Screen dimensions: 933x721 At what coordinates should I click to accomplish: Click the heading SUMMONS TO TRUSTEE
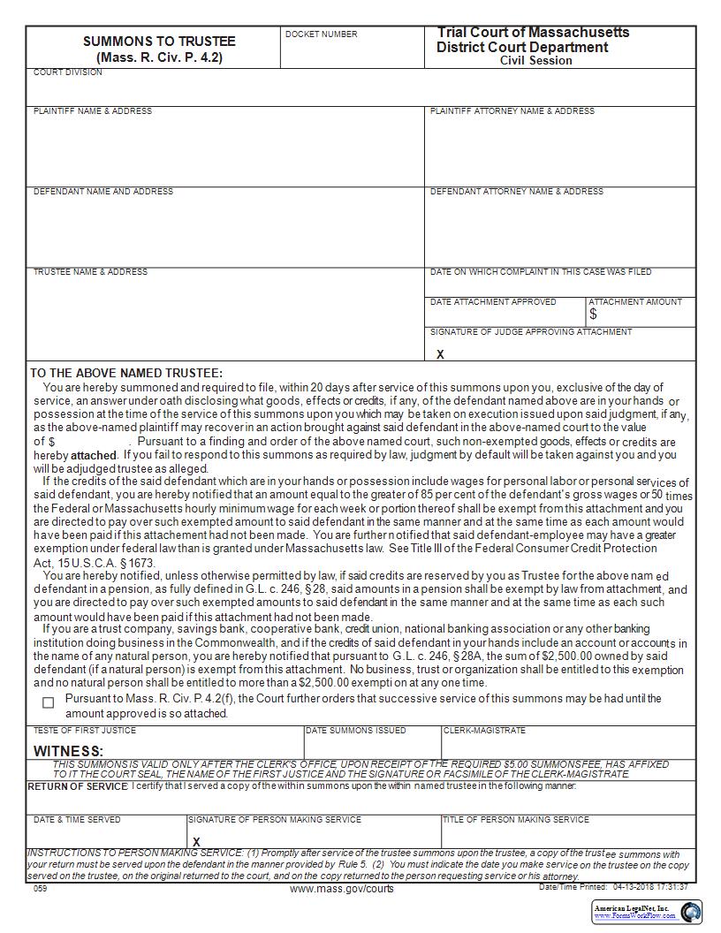pos(159,42)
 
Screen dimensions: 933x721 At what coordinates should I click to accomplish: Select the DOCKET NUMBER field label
pos(322,34)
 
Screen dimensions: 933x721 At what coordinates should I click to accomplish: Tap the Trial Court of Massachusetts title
pos(533,33)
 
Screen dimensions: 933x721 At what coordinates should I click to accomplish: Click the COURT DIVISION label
pos(68,72)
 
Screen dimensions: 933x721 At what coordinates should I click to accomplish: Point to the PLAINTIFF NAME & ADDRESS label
pos(93,111)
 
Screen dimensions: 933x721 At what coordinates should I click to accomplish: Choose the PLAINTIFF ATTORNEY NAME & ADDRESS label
pos(512,111)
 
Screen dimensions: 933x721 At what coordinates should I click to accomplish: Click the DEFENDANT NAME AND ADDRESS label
pos(103,192)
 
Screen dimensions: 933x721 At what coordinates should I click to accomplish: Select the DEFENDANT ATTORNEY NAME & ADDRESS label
pos(517,192)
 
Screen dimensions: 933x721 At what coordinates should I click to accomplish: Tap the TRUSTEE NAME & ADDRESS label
pos(90,272)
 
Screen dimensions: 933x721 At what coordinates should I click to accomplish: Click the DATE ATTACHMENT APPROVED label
pos(493,302)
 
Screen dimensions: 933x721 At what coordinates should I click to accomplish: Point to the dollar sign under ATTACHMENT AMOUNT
pos(593,315)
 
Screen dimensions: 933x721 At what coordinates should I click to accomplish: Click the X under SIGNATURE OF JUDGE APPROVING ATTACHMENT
pos(440,354)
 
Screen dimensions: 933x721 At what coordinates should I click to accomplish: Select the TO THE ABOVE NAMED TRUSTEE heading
pos(126,374)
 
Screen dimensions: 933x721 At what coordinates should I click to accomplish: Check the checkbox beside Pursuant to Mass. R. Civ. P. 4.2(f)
pos(49,702)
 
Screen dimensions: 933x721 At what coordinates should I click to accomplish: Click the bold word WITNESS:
pos(69,751)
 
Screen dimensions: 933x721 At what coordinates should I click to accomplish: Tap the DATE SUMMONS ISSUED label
pos(356,731)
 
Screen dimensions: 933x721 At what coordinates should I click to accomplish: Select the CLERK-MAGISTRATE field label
pos(484,731)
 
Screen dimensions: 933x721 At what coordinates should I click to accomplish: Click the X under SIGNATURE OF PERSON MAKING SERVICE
pos(196,841)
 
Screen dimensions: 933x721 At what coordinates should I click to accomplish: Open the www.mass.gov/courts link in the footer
pos(342,889)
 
